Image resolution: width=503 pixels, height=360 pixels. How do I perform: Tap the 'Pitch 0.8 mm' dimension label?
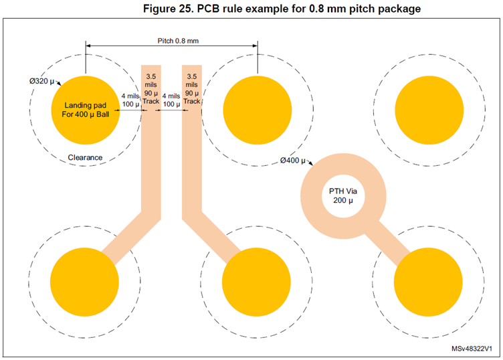click(179, 41)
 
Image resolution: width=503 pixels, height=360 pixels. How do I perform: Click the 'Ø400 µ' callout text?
click(292, 161)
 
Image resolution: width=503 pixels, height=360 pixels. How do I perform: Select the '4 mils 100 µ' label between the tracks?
click(172, 100)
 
